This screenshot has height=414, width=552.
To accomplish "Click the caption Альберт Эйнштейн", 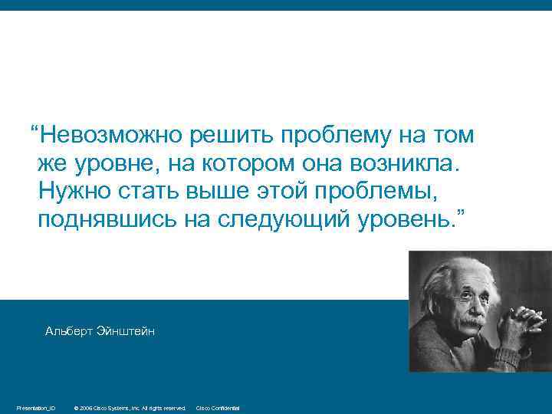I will pyautogui.click(x=100, y=330).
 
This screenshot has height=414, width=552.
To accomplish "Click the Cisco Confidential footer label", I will pyautogui.click(x=218, y=408).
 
